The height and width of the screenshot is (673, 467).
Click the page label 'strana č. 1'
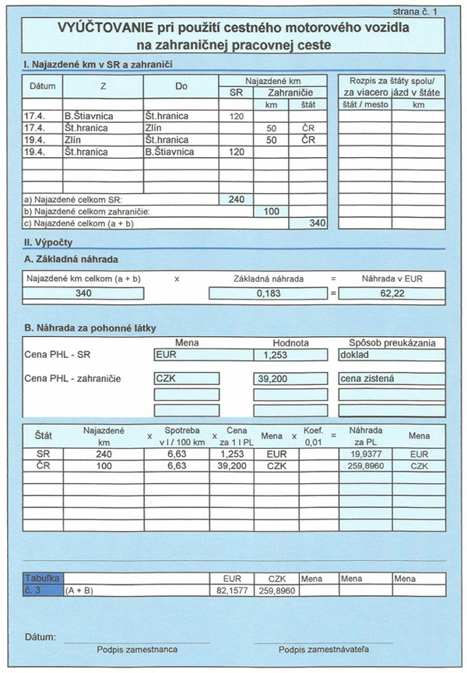pos(416,10)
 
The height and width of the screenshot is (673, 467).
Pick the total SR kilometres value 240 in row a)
pos(237,199)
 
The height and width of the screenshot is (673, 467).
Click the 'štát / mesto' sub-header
pos(364,104)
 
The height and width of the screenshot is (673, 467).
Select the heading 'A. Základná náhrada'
pos(71,259)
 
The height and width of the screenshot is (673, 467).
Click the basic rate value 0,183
pos(268,293)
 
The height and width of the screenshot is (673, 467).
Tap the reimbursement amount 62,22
pos(391,293)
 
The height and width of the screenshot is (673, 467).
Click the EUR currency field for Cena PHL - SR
pos(197,354)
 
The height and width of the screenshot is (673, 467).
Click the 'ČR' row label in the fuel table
pos(44,464)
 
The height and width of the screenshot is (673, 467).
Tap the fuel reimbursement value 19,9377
pos(365,453)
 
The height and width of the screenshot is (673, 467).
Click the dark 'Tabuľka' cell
pos(43,579)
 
